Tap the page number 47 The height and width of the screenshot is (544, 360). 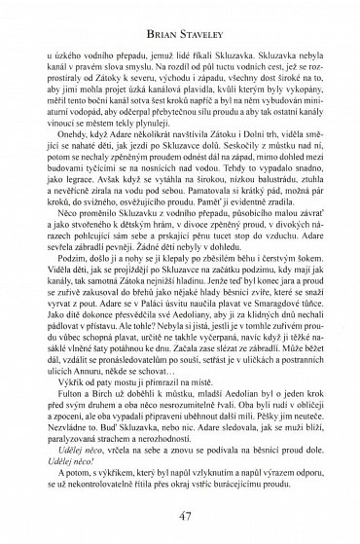[x=179, y=515]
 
